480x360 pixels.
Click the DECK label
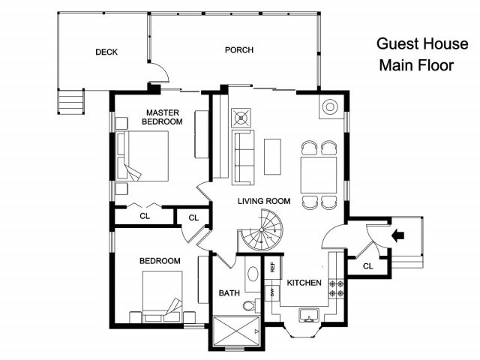[106, 52]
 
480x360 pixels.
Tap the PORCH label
[239, 50]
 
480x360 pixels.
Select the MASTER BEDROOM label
[162, 117]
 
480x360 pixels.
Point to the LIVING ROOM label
[264, 201]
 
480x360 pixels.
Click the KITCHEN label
[304, 283]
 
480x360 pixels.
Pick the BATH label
[229, 293]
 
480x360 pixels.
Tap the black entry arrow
[398, 235]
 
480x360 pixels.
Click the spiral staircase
[262, 230]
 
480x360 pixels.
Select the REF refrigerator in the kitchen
[273, 267]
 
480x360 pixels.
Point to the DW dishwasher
[272, 293]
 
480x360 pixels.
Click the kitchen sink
[309, 315]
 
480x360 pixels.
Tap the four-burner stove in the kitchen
[336, 289]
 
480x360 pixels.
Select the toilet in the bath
[251, 305]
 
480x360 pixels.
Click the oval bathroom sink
[253, 274]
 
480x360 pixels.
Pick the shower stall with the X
[236, 331]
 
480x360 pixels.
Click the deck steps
[71, 101]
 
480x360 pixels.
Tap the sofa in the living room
[243, 157]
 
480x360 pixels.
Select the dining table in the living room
[319, 175]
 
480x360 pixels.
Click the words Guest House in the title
[422, 43]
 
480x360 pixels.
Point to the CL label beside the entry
[368, 266]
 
